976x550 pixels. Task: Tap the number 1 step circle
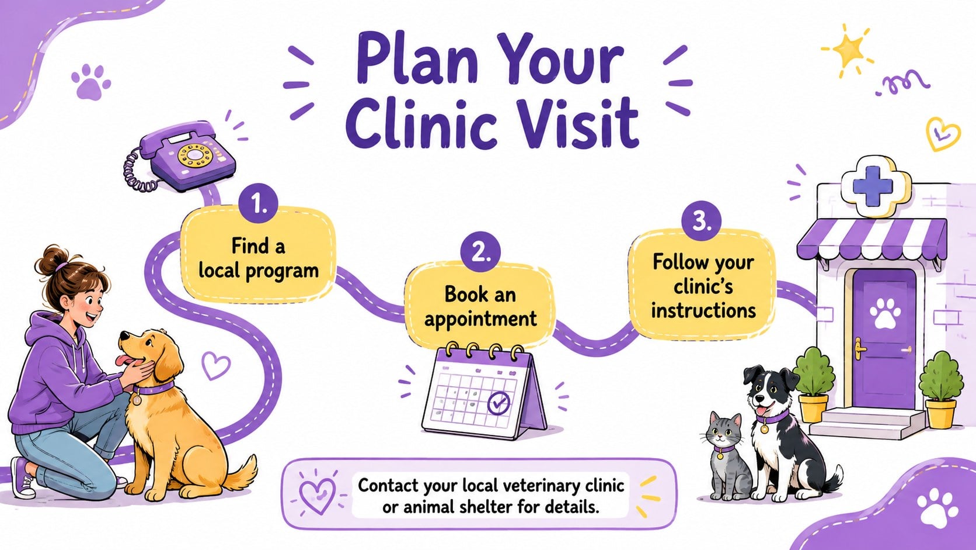pyautogui.click(x=259, y=203)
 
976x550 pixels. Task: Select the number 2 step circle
pyautogui.click(x=480, y=252)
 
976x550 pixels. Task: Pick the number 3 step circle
pyautogui.click(x=701, y=221)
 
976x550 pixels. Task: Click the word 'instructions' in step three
pyautogui.click(x=703, y=311)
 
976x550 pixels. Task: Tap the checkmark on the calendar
pyautogui.click(x=499, y=402)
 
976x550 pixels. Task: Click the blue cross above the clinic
pyautogui.click(x=873, y=186)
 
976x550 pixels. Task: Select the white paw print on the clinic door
pyautogui.click(x=885, y=313)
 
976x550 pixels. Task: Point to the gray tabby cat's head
pyautogui.click(x=724, y=431)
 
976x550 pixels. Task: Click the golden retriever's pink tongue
pyautogui.click(x=126, y=360)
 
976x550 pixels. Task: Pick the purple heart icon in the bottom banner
pyautogui.click(x=317, y=495)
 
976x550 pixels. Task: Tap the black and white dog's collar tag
pyautogui.click(x=764, y=429)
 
